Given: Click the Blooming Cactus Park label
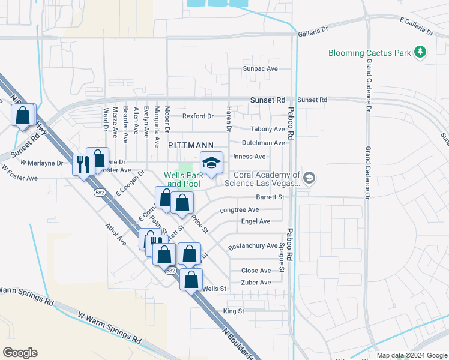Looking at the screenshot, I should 369,53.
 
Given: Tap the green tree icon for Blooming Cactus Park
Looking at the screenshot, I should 420,53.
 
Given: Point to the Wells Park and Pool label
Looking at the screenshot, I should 182,179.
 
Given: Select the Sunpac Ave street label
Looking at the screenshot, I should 260,69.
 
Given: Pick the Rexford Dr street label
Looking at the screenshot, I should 198,116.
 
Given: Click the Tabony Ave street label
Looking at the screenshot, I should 267,129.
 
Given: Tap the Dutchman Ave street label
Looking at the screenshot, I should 263,143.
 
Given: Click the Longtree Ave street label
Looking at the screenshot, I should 239,210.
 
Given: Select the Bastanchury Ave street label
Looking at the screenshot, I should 253,246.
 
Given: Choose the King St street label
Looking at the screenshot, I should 234,311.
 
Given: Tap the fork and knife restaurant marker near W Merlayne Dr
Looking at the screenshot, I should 82,164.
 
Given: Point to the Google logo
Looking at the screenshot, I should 20,353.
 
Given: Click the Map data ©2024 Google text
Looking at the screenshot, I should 411,355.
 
